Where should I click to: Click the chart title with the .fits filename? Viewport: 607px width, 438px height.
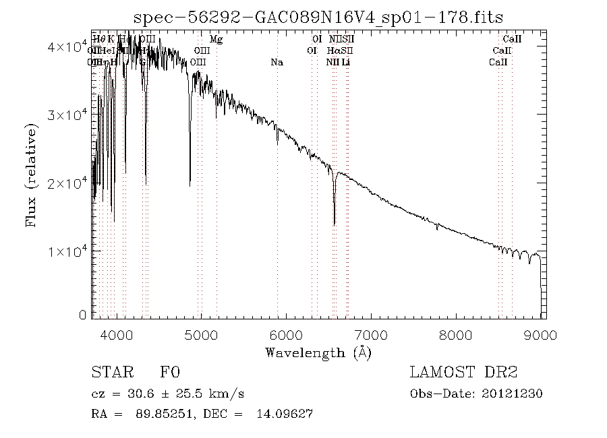pos(319,18)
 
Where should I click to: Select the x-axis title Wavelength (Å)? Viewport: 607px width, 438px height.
pos(318,352)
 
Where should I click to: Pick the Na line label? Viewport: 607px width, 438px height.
pos(277,62)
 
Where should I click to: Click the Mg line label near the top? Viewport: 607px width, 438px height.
pos(216,40)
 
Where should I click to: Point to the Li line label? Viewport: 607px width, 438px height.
pos(345,62)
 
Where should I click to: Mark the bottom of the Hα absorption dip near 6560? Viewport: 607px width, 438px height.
pos(335,224)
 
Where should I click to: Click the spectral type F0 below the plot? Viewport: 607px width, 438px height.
pos(169,372)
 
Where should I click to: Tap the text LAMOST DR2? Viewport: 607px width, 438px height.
pos(463,372)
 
